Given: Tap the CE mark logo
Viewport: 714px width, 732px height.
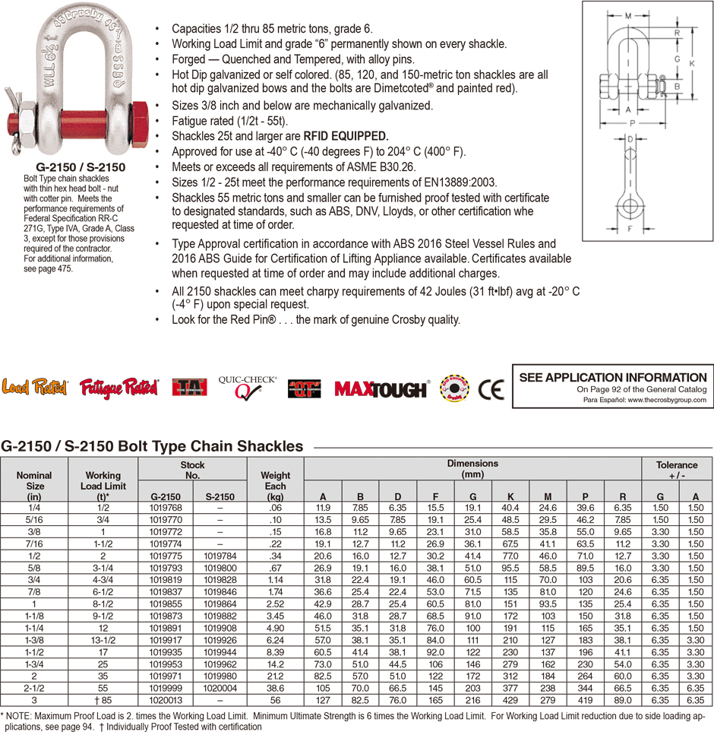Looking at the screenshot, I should click(491, 389).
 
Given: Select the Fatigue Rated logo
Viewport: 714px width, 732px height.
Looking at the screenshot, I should click(119, 388).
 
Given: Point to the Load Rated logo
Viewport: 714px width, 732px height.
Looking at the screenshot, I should click(36, 388).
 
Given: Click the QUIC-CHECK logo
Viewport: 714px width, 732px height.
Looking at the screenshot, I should click(247, 388).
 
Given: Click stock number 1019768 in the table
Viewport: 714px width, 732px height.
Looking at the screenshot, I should click(165, 508).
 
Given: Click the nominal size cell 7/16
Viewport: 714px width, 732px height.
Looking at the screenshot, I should click(35, 544).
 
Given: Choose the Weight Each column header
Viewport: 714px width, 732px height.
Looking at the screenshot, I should click(275, 486).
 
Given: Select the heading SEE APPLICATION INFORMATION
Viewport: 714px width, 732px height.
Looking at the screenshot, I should click(612, 377).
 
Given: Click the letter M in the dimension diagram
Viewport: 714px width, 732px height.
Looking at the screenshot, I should click(627, 14).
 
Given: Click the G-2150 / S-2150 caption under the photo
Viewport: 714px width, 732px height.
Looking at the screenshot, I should click(81, 166).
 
